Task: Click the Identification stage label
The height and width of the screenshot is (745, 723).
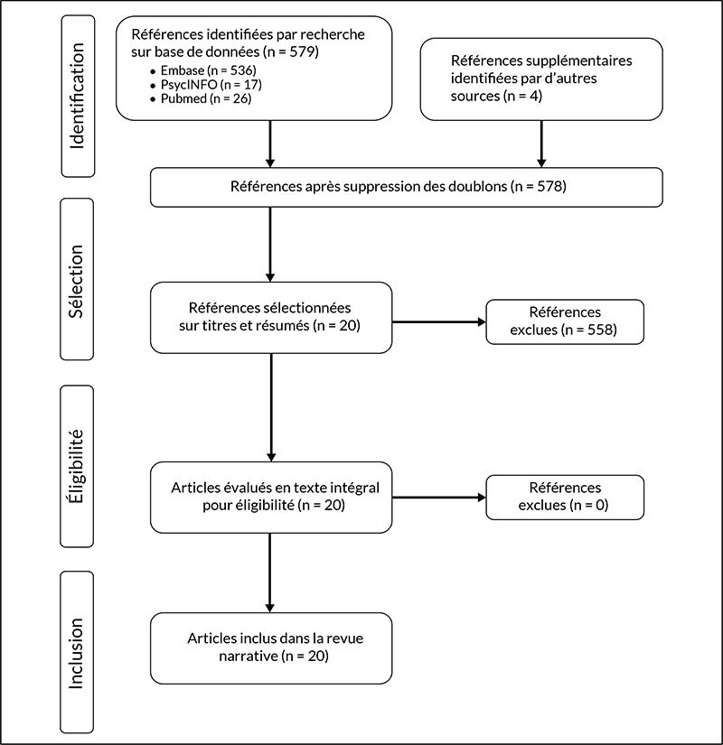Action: [x=78, y=96]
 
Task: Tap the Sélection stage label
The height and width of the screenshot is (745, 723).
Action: [x=77, y=279]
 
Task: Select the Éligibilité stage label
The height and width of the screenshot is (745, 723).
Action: [x=77, y=466]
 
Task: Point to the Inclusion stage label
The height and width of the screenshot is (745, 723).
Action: [x=77, y=652]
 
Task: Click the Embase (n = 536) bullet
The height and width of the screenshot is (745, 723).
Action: [x=203, y=70]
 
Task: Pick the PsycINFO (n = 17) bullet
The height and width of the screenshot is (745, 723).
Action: [x=206, y=85]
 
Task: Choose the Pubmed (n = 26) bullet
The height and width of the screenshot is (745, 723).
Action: [x=201, y=98]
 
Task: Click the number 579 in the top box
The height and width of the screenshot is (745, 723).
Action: [x=304, y=51]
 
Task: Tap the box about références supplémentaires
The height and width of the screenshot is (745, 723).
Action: [x=541, y=79]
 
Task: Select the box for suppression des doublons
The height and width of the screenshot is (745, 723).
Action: [x=407, y=187]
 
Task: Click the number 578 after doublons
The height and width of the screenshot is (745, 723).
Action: [x=550, y=186]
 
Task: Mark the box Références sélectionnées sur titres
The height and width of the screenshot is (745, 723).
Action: [x=271, y=317]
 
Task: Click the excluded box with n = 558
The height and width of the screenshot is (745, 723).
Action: [x=565, y=321]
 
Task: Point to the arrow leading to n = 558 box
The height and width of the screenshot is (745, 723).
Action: [x=439, y=322]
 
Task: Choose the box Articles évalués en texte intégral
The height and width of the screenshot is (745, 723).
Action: [x=271, y=498]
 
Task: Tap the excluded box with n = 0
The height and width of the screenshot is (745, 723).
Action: [x=565, y=497]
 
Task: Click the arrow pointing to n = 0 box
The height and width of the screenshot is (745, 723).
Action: [x=439, y=498]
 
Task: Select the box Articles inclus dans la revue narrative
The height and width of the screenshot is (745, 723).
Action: [x=271, y=648]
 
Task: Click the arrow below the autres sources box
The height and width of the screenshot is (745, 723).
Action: [x=541, y=144]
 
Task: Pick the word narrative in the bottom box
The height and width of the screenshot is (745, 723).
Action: [x=249, y=657]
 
